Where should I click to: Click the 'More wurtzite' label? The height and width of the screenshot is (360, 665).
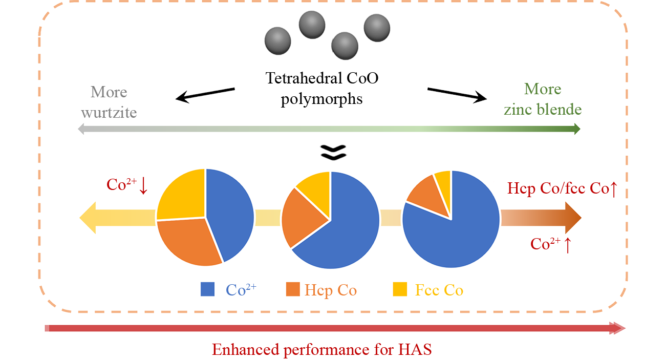[x=109, y=102]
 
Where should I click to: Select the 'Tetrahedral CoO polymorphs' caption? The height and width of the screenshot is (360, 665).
[x=321, y=88]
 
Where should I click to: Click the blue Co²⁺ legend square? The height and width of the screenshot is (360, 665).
[x=207, y=289]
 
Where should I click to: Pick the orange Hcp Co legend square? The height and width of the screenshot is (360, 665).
[x=292, y=289]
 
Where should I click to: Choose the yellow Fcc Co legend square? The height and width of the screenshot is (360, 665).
[x=400, y=289]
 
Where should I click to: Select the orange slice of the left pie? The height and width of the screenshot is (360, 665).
[x=187, y=241]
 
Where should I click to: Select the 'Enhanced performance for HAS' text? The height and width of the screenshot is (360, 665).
[x=322, y=350]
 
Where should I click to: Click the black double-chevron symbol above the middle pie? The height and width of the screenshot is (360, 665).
[x=333, y=151]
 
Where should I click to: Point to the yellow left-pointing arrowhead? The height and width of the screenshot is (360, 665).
[x=90, y=218]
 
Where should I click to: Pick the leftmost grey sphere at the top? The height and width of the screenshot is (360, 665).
[x=277, y=39]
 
